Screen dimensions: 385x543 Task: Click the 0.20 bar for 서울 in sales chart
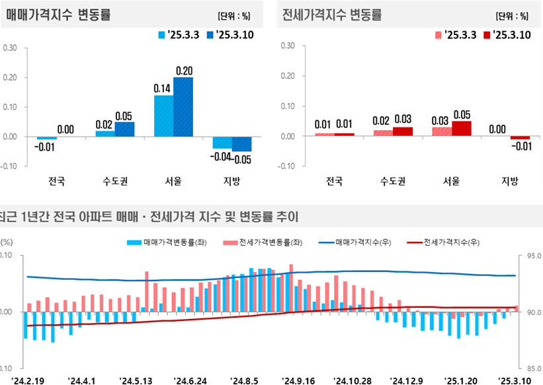[x=183, y=107]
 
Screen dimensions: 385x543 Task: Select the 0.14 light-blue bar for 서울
[x=163, y=116]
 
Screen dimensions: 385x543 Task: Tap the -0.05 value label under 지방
[x=243, y=159]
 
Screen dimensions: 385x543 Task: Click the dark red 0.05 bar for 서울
[x=462, y=129]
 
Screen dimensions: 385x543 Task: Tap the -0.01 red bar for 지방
[x=520, y=138]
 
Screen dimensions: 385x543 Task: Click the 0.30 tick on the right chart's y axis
[x=287, y=46]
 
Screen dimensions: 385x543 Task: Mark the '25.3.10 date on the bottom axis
[x=518, y=381]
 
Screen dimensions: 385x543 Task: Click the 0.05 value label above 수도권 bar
[x=124, y=116]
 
